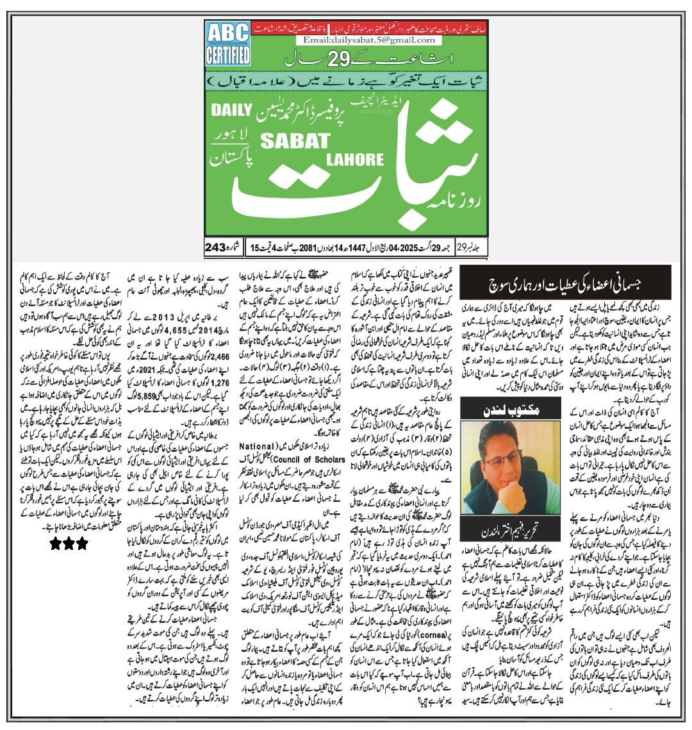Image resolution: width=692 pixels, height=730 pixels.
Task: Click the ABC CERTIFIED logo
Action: coord(227,44)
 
